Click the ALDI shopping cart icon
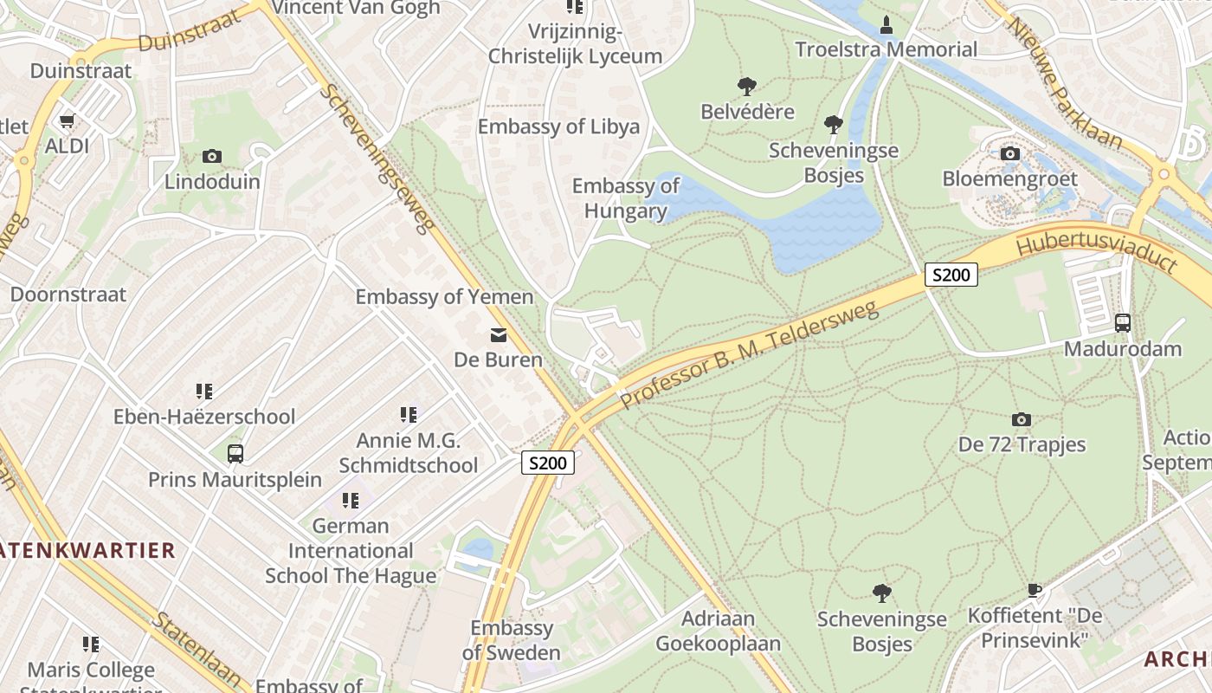[x=67, y=121]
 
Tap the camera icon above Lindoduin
[x=212, y=157]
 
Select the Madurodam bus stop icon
[x=1123, y=323]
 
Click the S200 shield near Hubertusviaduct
[x=951, y=275]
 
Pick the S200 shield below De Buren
[x=548, y=463]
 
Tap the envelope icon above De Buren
[x=499, y=335]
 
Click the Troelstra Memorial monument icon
[x=886, y=25]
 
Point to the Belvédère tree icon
[x=747, y=87]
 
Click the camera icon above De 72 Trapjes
[x=1022, y=420]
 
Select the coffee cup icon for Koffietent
[x=1034, y=591]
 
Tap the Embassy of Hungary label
[x=625, y=198]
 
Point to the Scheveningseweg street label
[x=377, y=159]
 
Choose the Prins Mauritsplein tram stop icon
[x=235, y=454]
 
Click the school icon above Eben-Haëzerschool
[x=204, y=392]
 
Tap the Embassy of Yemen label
[x=444, y=297]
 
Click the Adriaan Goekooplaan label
[x=718, y=631]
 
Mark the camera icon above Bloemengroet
[x=1009, y=154]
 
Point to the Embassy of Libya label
[x=558, y=126]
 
